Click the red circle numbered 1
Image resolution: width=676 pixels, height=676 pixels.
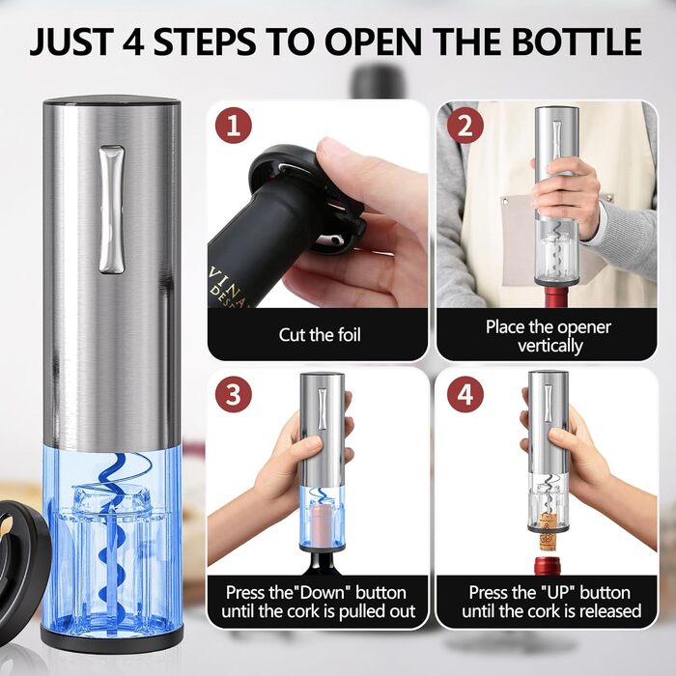(x=234, y=126)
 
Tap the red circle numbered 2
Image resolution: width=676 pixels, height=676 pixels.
(x=465, y=126)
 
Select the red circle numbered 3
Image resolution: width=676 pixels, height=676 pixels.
(x=234, y=394)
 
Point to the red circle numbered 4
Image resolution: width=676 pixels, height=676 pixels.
(x=465, y=394)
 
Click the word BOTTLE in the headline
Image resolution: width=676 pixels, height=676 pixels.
(x=577, y=42)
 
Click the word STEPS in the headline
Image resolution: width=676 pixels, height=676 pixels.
(x=204, y=42)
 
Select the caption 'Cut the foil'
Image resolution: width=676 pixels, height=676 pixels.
(x=320, y=335)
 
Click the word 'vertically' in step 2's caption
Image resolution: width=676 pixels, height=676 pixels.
(x=550, y=346)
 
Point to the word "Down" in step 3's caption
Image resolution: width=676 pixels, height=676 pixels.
(x=323, y=593)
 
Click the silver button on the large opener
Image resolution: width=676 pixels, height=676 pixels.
(x=112, y=210)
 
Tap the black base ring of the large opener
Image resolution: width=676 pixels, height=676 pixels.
(x=112, y=634)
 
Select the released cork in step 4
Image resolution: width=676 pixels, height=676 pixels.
(x=548, y=531)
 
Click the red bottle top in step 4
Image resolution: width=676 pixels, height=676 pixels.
(x=548, y=566)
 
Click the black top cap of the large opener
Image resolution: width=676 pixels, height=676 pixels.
(x=112, y=103)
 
